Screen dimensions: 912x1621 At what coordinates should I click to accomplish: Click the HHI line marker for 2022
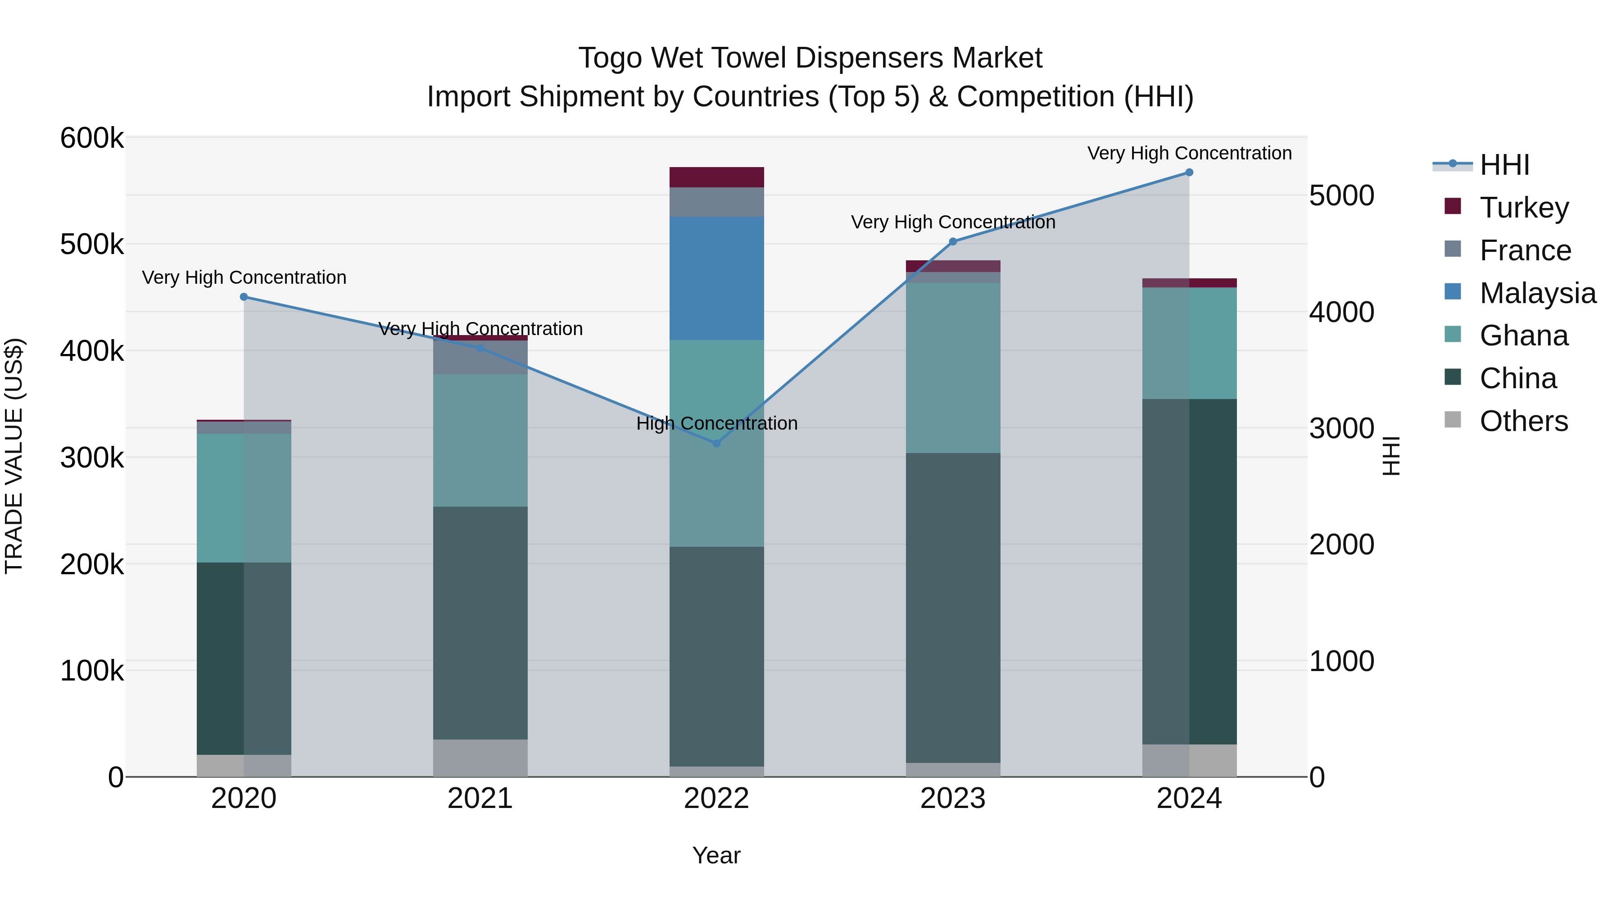pos(716,443)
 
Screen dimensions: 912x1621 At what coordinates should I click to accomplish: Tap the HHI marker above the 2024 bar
pos(1189,172)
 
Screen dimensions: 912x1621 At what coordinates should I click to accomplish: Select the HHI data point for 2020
pos(244,297)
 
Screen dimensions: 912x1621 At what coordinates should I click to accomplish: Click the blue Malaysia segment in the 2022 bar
pos(716,278)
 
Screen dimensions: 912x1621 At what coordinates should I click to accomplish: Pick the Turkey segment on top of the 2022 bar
pos(716,177)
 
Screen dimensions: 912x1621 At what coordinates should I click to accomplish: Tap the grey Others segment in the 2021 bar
pos(480,758)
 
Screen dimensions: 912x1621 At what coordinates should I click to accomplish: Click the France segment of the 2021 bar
pos(480,358)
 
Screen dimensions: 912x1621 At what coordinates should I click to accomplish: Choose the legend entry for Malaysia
pos(1537,293)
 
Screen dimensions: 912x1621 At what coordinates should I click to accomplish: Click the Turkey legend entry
pos(1523,208)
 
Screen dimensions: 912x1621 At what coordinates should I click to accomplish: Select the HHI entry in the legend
pos(1504,165)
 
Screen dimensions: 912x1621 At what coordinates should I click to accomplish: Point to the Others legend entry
pos(1523,421)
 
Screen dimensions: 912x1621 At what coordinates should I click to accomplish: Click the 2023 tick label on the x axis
pos(953,799)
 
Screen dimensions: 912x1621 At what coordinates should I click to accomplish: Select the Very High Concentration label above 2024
pos(1189,154)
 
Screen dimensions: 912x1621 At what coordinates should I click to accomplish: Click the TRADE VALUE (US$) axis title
pos(14,456)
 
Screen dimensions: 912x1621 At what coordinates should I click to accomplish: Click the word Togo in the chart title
pos(611,59)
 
